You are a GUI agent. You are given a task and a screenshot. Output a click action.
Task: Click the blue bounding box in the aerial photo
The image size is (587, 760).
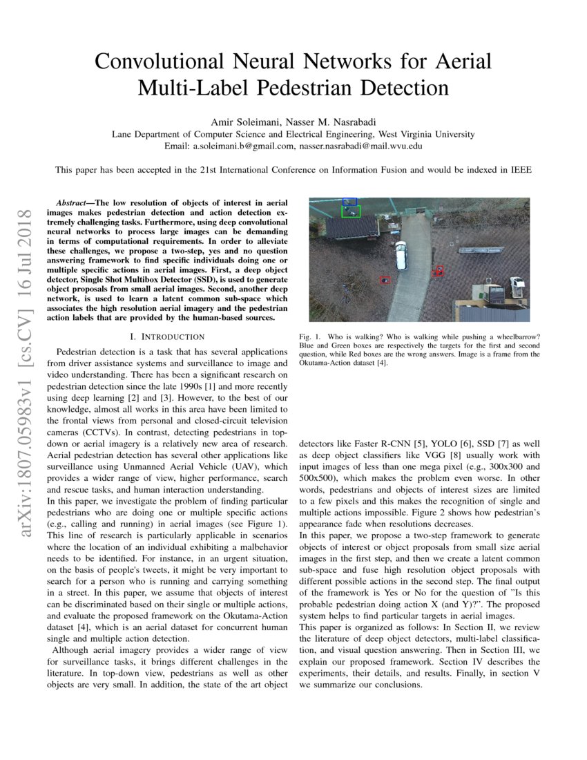pos(350,202)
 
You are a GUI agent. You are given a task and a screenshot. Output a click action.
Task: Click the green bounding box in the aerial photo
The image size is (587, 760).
pos(351,211)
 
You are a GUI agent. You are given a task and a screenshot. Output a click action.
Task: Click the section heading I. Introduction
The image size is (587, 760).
pos(172,336)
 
